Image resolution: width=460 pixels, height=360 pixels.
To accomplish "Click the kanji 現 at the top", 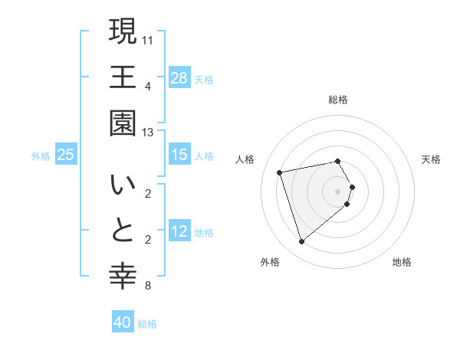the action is [x=123, y=31].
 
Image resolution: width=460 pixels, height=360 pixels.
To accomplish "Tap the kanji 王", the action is [x=123, y=77].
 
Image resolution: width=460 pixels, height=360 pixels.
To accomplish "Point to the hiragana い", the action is [x=123, y=186].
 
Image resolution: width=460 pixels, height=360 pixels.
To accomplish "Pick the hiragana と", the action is [x=123, y=232].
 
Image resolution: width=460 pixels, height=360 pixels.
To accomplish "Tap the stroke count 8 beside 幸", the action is [x=148, y=286].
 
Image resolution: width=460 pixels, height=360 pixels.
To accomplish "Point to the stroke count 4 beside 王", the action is [x=148, y=85].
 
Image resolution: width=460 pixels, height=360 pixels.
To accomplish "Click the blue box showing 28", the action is [x=179, y=77].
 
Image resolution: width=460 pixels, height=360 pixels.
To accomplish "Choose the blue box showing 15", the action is [x=179, y=155].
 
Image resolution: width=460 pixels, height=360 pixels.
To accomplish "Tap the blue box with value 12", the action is [x=179, y=232].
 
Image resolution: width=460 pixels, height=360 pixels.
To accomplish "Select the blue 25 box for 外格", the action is [x=66, y=155].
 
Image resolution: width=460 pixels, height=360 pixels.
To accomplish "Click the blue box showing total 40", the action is [x=123, y=322].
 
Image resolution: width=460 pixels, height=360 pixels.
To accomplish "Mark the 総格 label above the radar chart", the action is [x=338, y=100].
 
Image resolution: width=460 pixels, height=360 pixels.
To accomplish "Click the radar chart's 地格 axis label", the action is [x=402, y=262].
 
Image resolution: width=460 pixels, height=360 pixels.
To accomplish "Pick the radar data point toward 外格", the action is [x=301, y=242].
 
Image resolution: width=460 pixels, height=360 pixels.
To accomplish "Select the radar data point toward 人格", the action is [x=280, y=172].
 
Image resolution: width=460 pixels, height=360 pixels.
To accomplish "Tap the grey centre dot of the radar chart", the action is [x=338, y=191].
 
